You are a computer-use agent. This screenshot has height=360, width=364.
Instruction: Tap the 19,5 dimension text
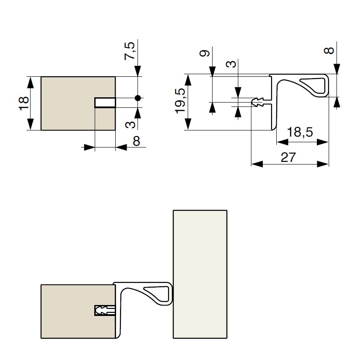coord(180,102)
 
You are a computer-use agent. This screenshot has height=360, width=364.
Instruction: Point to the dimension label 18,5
coord(300,132)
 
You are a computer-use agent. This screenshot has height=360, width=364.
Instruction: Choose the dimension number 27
coord(288,158)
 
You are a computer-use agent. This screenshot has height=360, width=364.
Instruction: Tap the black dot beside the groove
coord(138,98)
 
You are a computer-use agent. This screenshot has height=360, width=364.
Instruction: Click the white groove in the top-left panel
coord(105,103)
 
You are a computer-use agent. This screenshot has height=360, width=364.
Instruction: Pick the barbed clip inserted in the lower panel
coord(105,311)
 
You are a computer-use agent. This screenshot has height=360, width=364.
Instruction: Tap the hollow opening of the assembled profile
coord(157,292)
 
